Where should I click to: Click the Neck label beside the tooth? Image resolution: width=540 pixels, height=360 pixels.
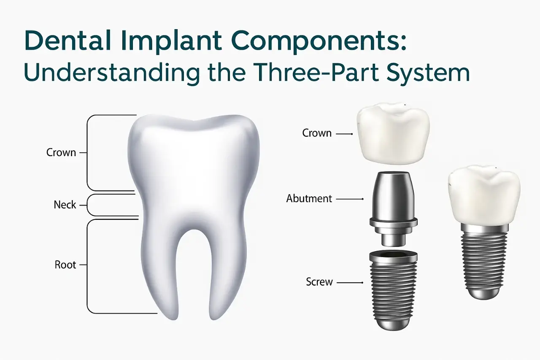coord(65,205)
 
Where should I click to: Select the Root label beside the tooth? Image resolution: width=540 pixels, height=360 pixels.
coord(65,265)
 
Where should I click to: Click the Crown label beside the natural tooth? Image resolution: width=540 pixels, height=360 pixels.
coord(61,152)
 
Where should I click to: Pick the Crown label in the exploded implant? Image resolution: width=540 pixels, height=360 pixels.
coord(317,133)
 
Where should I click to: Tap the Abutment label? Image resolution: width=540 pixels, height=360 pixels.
coord(309,198)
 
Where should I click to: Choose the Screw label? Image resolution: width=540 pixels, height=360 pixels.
coord(319,282)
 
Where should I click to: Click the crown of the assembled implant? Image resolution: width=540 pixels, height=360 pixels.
coord(484,194)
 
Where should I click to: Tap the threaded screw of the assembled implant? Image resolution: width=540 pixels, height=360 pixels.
coord(484,262)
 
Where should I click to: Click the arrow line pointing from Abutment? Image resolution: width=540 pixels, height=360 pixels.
coord(350,198)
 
